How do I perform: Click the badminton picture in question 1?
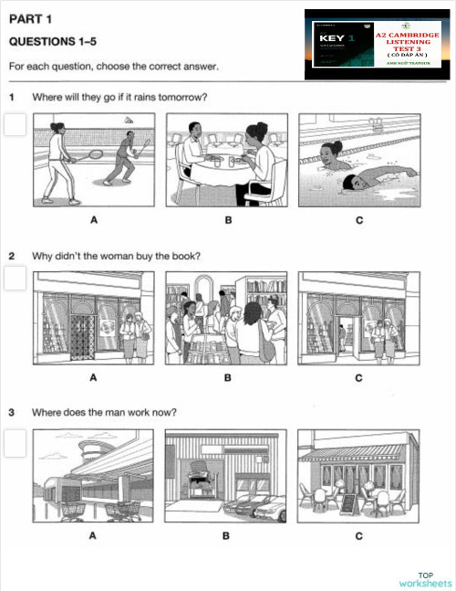[x=93, y=161]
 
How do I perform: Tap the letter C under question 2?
[x=359, y=377]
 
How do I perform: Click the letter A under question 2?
[x=93, y=377]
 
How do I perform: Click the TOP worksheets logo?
[x=425, y=578]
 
